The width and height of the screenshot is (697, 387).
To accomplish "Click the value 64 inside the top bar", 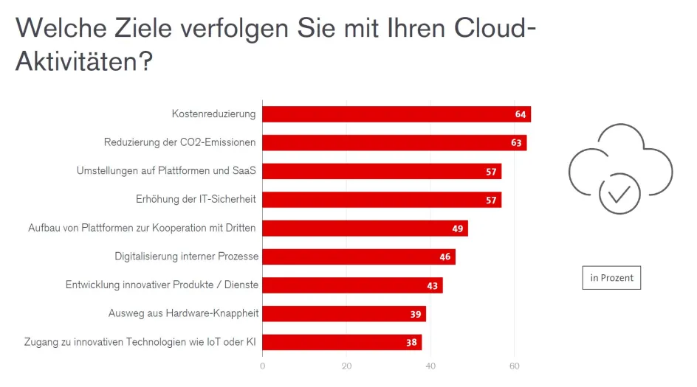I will coord(521,114).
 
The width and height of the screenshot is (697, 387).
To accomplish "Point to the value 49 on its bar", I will coord(458,229).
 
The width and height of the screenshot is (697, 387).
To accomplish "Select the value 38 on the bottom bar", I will coord(411,343).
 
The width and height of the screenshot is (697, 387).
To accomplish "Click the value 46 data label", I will coord(445,257).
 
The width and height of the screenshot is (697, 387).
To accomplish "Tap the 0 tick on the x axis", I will coord(263,365).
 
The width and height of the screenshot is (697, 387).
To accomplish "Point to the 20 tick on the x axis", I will coord(347,365).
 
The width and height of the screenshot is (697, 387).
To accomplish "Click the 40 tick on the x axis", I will coord(431,365).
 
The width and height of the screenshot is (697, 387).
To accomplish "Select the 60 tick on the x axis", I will coord(515,365).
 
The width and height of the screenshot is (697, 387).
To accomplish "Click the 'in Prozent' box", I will coord(612,278).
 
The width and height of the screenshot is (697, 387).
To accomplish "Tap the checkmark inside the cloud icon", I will coord(619,193).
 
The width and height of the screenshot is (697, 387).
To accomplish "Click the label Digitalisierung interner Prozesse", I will coord(186,257).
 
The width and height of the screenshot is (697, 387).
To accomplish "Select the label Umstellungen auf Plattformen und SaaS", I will coord(166,171).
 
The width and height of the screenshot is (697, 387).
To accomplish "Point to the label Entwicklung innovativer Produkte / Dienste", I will coord(162,285).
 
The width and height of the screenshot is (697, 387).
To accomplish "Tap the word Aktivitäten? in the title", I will coord(84,61).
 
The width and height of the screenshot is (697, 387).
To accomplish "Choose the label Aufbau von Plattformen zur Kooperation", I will coord(142,228).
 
